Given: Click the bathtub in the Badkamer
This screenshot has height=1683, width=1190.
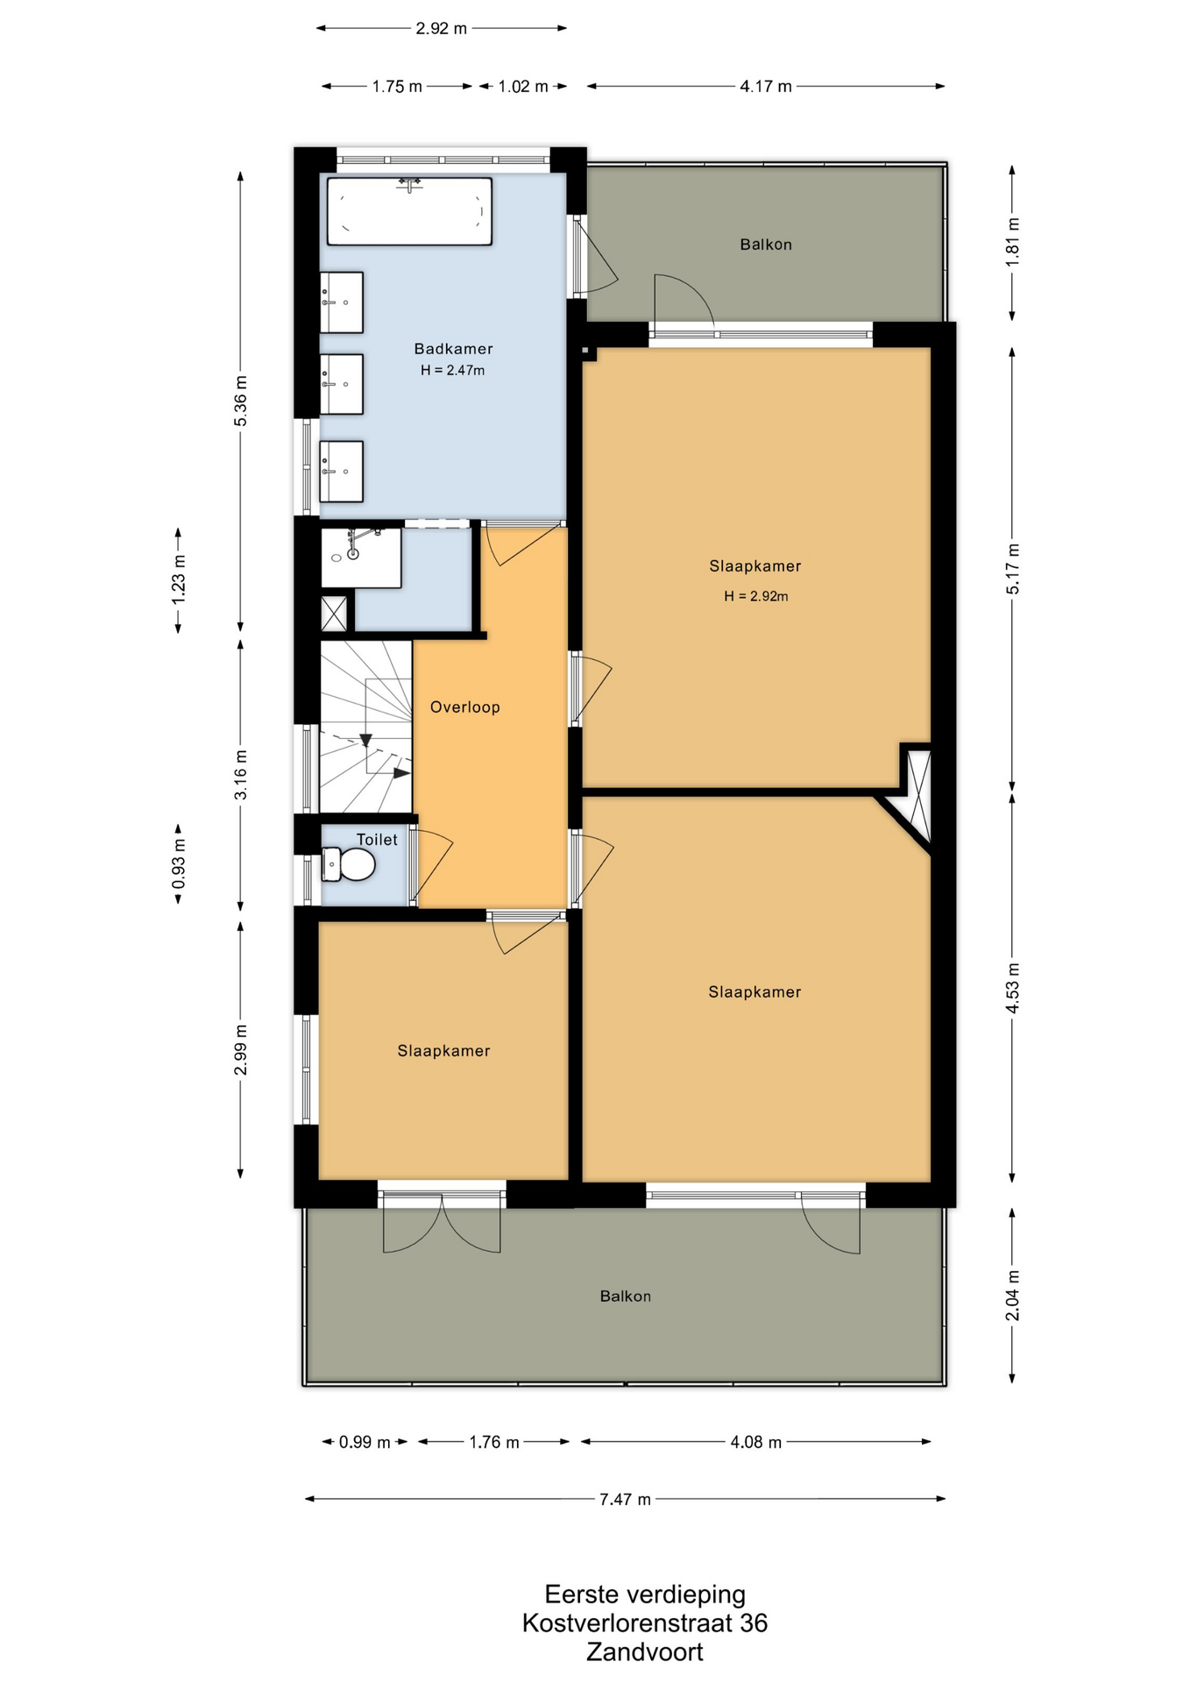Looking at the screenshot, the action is pyautogui.click(x=409, y=211).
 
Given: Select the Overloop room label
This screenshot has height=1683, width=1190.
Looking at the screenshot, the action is pyautogui.click(x=464, y=707).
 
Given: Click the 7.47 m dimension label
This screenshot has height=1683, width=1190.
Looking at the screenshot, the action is pyautogui.click(x=625, y=1499).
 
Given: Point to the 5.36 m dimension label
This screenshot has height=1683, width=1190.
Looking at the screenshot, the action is pyautogui.click(x=240, y=401).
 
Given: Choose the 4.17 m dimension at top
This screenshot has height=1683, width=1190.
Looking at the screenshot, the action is pyautogui.click(x=766, y=86).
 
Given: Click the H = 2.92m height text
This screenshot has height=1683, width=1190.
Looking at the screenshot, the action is pyautogui.click(x=755, y=596).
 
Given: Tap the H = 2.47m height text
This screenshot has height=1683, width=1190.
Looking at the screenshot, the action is pyautogui.click(x=452, y=370).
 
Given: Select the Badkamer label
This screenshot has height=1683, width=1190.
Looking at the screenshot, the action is pyautogui.click(x=453, y=349).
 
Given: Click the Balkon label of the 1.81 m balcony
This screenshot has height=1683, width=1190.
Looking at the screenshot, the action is pyautogui.click(x=766, y=245).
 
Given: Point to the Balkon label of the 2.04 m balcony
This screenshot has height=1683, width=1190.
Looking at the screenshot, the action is pyautogui.click(x=625, y=1296).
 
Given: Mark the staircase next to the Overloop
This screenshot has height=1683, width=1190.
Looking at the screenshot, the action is pyautogui.click(x=365, y=727).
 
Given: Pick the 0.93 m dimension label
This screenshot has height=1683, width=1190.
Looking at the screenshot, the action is pyautogui.click(x=179, y=863).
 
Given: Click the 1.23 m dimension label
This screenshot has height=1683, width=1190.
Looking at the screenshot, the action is pyautogui.click(x=179, y=579).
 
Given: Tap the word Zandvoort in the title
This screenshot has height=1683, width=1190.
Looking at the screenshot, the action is pyautogui.click(x=644, y=1651).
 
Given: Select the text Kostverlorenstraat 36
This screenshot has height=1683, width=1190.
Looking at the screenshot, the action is pyautogui.click(x=644, y=1623).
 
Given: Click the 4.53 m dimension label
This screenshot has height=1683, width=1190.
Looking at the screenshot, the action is pyautogui.click(x=1012, y=988).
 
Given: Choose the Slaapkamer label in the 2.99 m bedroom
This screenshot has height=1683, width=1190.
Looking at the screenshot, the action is pyautogui.click(x=443, y=1050).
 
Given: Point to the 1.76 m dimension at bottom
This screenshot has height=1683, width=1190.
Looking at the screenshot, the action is pyautogui.click(x=494, y=1442).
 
